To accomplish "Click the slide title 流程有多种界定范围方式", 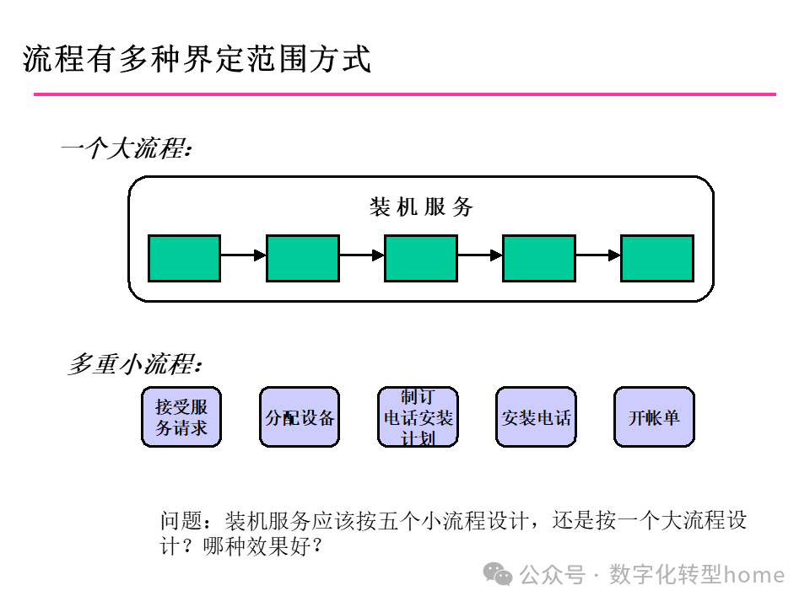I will (197, 59).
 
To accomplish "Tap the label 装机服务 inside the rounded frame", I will (421, 207).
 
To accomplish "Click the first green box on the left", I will (184, 258).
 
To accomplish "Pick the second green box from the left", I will (302, 258).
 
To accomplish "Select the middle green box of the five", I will (420, 258).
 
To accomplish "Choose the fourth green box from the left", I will (538, 258).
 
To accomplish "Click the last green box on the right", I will (656, 258).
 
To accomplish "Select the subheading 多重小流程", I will (135, 365).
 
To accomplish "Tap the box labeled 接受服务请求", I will (181, 416).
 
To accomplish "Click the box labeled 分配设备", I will (300, 416).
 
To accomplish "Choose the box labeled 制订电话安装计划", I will (418, 416).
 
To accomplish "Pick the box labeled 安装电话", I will (536, 416).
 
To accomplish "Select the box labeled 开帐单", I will (654, 416).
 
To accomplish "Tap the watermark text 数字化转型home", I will (696, 575).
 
